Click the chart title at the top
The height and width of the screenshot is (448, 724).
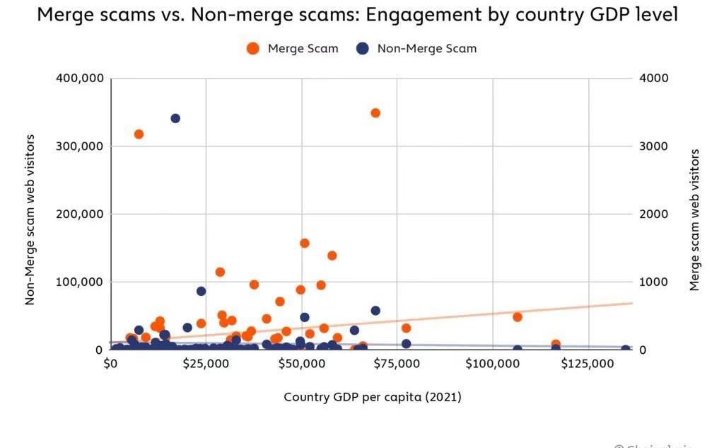[357, 15]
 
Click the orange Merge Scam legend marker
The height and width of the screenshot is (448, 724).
[252, 49]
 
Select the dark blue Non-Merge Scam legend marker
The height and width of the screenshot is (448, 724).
[363, 49]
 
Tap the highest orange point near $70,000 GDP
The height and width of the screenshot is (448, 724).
[375, 113]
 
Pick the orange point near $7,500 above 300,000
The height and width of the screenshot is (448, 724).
[139, 134]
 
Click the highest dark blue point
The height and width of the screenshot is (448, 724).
[175, 118]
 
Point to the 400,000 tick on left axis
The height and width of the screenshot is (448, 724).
[78, 79]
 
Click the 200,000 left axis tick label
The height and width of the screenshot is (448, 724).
[78, 214]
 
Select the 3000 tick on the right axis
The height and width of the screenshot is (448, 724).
[653, 147]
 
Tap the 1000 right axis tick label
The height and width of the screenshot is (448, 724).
[653, 282]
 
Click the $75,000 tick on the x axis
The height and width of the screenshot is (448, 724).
[397, 364]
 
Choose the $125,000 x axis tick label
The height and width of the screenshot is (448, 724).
[588, 364]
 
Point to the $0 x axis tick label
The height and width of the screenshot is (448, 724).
[111, 364]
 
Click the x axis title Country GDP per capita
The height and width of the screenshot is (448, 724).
[373, 397]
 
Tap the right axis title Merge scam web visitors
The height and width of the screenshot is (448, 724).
[695, 220]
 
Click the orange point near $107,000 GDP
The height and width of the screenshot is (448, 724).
[518, 317]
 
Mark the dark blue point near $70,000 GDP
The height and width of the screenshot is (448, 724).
[375, 311]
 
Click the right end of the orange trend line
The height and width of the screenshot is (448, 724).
[631, 303]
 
